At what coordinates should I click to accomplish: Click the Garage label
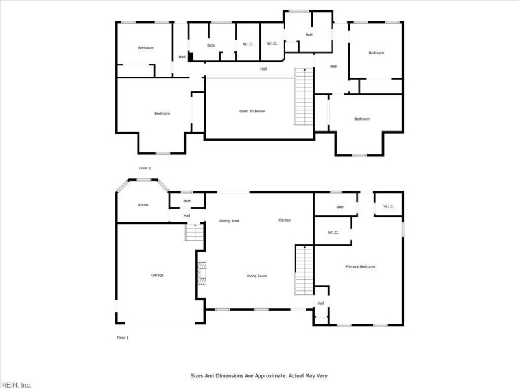pos(158,275)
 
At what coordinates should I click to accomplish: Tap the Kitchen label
pos(285,220)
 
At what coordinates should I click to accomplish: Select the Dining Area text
pos(230,221)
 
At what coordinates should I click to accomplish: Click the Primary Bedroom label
pos(360,266)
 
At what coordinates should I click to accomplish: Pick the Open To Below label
pos(252,111)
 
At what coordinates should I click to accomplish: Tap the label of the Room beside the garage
pos(143,205)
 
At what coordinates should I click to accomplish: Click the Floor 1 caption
pos(123,338)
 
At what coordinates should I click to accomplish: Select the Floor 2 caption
pos(144,168)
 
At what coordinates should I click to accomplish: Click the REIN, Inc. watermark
pos(16,384)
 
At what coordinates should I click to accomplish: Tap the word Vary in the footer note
pos(322,375)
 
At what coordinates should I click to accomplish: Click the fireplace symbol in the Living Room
pos(202,273)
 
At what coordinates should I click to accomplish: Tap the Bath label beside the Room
pos(187,201)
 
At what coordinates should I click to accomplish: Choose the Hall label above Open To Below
pos(264,69)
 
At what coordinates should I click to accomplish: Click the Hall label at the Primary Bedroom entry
pos(320,303)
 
